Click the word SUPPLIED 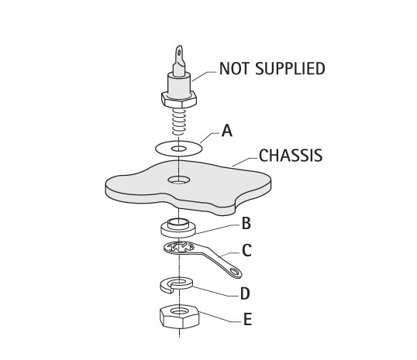click(290, 69)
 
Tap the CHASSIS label click(291, 156)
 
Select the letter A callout click(227, 131)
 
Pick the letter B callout click(246, 224)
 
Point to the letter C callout click(246, 250)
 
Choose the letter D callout click(245, 293)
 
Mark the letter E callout click(247, 319)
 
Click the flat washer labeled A click(162, 149)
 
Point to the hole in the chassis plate click(179, 180)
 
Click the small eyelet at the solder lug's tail click(235, 271)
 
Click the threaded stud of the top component click(179, 121)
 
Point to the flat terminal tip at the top click(179, 54)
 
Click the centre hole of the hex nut click(179, 310)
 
